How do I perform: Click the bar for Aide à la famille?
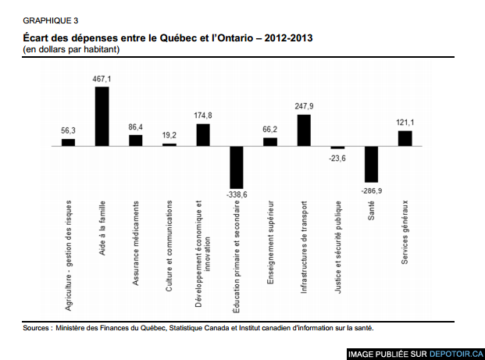tap(102, 116)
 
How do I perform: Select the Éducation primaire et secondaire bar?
tap(237, 167)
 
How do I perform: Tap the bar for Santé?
tap(371, 164)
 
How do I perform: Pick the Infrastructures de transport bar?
tap(304, 130)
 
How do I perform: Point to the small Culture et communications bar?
tap(169, 144)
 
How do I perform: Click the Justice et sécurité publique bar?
tap(337, 148)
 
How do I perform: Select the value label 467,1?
tap(102, 79)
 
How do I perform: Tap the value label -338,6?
tap(237, 194)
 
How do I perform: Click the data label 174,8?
tap(203, 116)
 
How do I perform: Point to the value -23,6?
tap(337, 159)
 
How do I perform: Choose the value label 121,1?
tap(405, 123)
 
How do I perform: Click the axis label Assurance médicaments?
tap(135, 243)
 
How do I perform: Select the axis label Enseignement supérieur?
tap(270, 242)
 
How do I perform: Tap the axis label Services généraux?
tap(405, 232)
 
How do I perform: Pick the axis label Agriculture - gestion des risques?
tap(68, 255)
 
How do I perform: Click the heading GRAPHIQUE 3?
tap(51, 21)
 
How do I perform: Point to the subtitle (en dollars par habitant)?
tap(71, 49)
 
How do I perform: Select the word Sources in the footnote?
tap(36, 328)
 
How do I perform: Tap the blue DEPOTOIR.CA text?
tap(456, 354)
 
